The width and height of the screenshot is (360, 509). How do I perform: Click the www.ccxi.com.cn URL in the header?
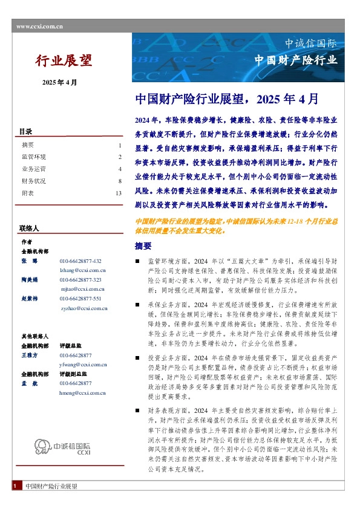39,27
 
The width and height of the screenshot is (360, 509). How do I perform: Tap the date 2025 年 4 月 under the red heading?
59,82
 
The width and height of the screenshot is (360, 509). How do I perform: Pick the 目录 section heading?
25,132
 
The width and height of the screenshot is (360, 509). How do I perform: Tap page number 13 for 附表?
119,193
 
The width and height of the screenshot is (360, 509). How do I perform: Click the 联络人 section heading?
29,229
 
